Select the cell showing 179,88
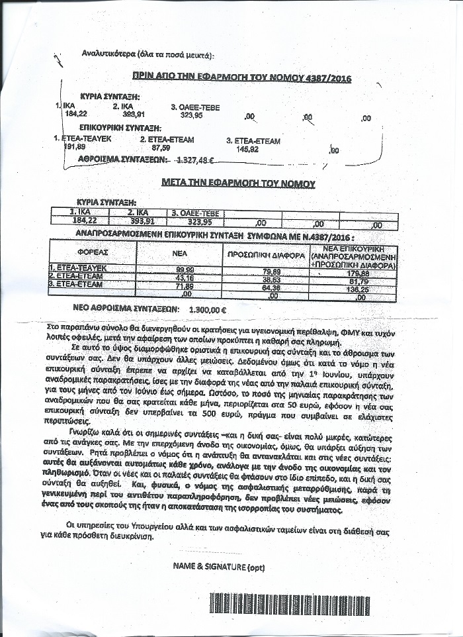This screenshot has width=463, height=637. click(x=361, y=273)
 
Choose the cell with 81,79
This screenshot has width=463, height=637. click(x=361, y=281)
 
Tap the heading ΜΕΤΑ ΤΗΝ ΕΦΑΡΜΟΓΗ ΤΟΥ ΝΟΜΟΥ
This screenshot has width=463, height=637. click(x=239, y=183)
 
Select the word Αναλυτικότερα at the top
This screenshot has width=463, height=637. click(x=110, y=54)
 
